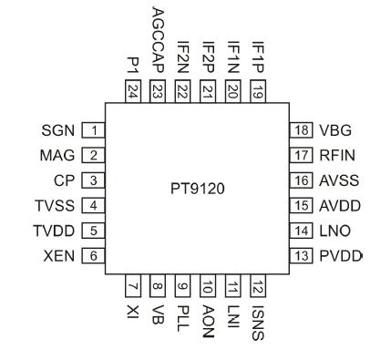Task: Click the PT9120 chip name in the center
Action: coord(197,193)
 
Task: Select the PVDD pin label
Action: coord(340,255)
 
